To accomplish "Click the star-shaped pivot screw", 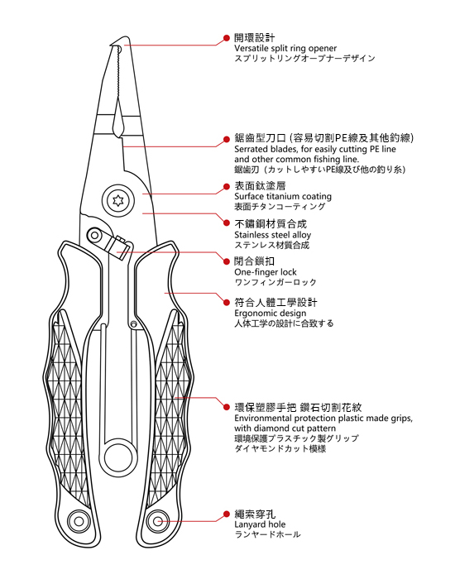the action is point(117,201).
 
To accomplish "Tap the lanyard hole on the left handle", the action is point(79,521).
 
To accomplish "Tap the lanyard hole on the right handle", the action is point(158,521).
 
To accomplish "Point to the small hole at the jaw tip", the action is point(118,49).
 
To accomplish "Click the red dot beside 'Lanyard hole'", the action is point(227,514).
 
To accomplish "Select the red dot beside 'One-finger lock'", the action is point(227,261).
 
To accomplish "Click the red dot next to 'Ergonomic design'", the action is point(227,303).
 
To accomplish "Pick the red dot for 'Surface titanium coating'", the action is point(227,186).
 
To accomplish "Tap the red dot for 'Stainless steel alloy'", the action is point(227,223).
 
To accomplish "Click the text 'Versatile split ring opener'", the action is point(285,48).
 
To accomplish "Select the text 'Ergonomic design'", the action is point(271,313).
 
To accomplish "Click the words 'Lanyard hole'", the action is point(260,524).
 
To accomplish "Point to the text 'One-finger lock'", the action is point(266,272).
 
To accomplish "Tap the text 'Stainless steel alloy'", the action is point(272,235).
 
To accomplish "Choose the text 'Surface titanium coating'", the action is point(283,197).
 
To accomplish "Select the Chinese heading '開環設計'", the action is point(255,38).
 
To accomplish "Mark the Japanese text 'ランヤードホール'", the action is point(267,534).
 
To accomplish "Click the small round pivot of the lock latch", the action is point(95,235).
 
